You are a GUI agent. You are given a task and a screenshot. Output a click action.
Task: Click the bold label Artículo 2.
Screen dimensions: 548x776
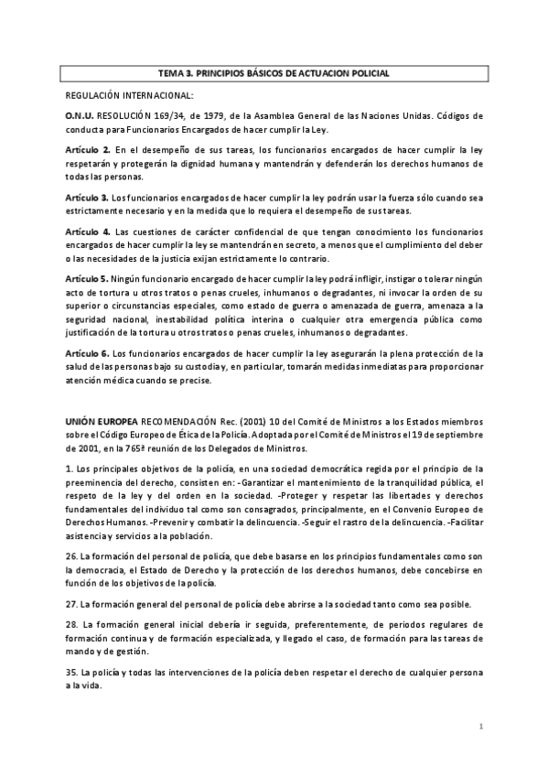tap(88, 149)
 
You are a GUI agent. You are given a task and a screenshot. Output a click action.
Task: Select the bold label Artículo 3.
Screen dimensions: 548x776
tap(87, 197)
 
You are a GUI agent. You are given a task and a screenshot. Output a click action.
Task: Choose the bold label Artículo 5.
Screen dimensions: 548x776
tap(87, 276)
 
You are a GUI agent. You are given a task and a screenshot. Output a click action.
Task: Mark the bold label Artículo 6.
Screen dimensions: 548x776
tap(87, 351)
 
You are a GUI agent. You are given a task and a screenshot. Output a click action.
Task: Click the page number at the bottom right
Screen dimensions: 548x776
tap(480, 725)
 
